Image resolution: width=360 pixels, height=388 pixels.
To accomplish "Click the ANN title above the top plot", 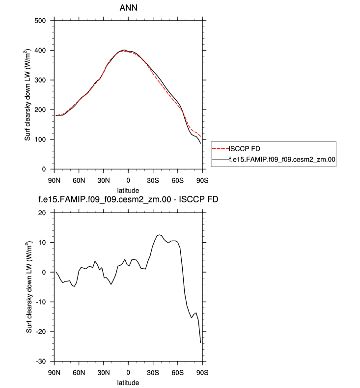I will tap(128, 8).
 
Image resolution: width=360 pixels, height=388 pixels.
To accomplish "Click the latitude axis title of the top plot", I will tap(128, 190).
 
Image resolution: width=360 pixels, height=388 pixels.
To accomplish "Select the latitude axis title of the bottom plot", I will tap(128, 382).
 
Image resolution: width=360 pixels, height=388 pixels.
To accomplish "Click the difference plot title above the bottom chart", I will tap(128, 200).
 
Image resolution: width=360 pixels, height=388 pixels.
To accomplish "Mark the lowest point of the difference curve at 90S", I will tap(201, 342).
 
